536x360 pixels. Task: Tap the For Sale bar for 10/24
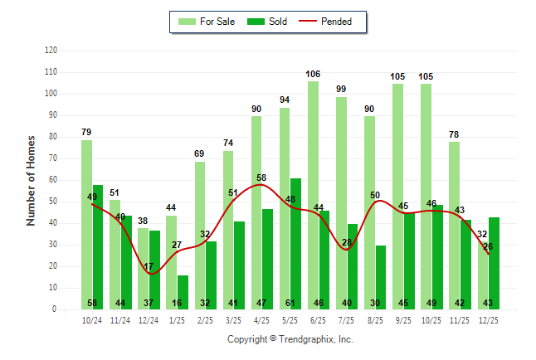(x=86, y=224)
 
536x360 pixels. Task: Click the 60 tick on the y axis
(x=53, y=180)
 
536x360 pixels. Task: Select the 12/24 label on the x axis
(x=149, y=320)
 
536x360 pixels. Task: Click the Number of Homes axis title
(x=31, y=180)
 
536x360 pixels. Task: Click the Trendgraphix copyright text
(x=290, y=339)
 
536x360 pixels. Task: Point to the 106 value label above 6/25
(x=313, y=74)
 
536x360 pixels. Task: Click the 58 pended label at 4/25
(x=262, y=178)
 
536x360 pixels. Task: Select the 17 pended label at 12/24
(x=149, y=267)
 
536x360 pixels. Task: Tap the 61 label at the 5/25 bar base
(x=296, y=303)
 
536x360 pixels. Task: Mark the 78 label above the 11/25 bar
(x=455, y=134)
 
